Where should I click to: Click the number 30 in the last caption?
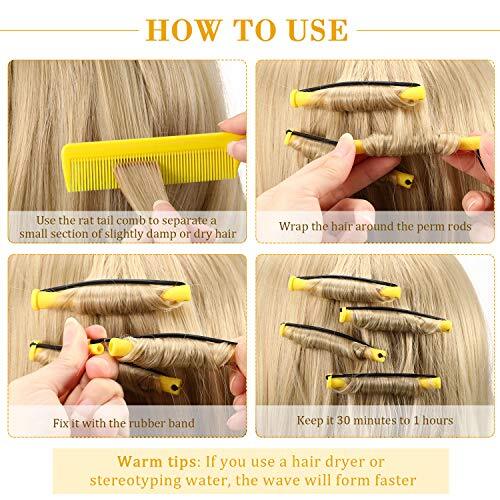[348, 422]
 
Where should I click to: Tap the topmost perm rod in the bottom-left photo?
[110, 296]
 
